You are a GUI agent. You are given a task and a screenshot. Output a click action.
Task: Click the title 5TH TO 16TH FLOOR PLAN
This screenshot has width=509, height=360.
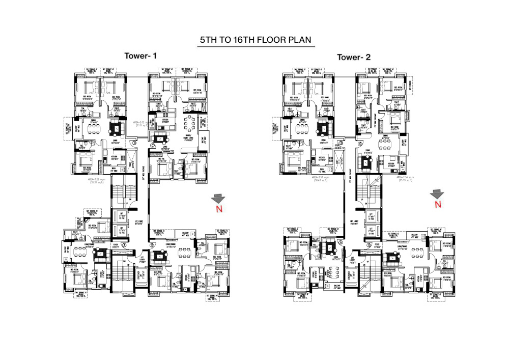(256, 40)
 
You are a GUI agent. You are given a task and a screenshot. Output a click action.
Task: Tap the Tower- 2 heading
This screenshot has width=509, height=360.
(356, 57)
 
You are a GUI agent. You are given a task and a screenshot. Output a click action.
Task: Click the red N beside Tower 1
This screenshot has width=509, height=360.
(218, 208)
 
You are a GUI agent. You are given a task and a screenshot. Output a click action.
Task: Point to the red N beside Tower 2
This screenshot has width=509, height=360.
(436, 204)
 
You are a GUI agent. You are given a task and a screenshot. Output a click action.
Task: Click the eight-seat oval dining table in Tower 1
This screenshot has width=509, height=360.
(191, 124)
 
